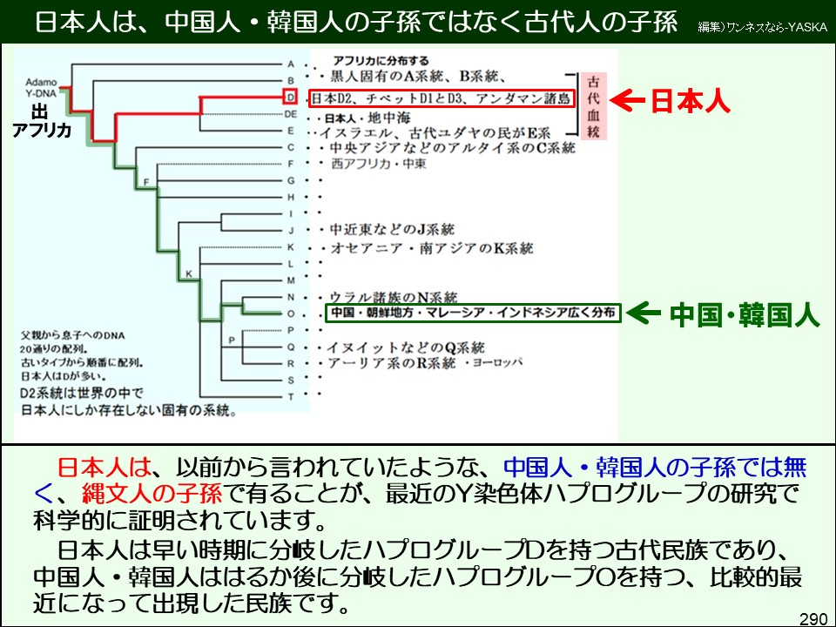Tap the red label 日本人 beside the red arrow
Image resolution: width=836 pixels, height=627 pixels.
(x=691, y=101)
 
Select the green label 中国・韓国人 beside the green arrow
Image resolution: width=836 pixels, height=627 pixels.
(x=745, y=314)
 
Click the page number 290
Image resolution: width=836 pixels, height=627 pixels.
(x=812, y=617)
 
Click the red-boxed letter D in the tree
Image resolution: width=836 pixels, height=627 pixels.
(x=291, y=98)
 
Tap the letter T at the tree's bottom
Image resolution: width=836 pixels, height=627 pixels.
(x=291, y=396)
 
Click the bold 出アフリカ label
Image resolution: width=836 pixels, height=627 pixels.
(x=39, y=120)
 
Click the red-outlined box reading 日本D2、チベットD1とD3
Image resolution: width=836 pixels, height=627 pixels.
(x=442, y=98)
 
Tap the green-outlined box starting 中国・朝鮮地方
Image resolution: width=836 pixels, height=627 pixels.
(x=472, y=313)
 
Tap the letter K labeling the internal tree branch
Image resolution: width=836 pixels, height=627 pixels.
(x=187, y=275)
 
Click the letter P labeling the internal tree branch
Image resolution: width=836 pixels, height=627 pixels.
(x=232, y=339)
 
